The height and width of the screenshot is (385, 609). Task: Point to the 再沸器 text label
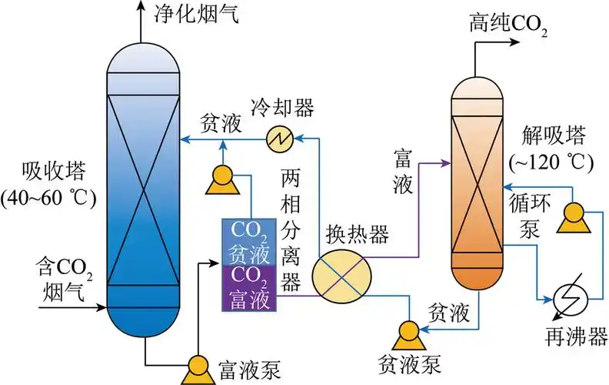tap(577, 338)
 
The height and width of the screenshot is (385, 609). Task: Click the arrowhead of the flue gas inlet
tap(101, 307)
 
